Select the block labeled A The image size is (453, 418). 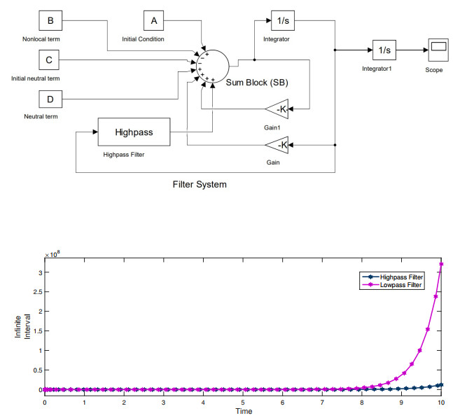point(154,21)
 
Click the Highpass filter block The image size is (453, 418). point(134,131)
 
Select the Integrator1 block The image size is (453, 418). point(384,50)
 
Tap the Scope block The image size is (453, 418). point(438,50)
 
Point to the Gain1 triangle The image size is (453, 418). point(277,109)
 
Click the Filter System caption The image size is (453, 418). point(200,185)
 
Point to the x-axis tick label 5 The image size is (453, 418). point(243,403)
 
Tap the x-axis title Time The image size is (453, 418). point(243,411)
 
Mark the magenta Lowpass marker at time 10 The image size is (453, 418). point(442,265)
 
